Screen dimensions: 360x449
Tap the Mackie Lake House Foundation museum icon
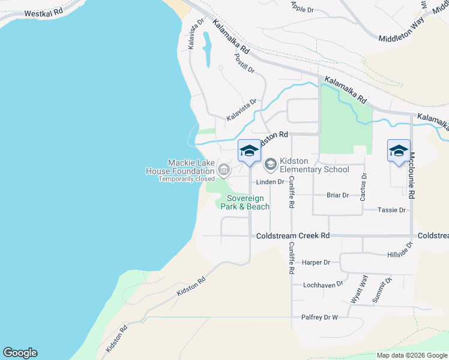223,170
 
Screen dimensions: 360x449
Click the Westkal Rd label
44,11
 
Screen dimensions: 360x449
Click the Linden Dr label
270,182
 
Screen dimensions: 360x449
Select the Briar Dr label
337,195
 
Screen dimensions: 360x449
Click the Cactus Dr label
363,186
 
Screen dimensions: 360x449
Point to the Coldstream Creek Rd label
293,236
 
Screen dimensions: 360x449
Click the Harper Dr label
316,262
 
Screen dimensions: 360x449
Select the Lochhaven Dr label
323,284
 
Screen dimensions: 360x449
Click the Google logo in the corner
20,353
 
